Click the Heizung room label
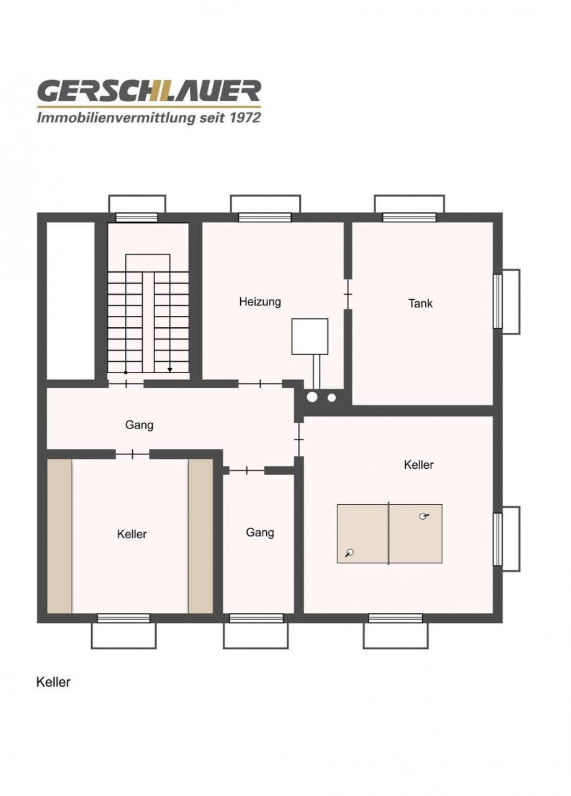click(x=260, y=302)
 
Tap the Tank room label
click(x=420, y=304)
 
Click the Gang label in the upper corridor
click(x=139, y=425)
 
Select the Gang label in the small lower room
click(x=259, y=533)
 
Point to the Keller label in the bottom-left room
click(x=132, y=534)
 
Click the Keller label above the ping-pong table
click(x=418, y=464)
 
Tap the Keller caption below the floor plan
click(x=53, y=682)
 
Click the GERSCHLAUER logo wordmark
click(x=149, y=92)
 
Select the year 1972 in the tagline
click(x=243, y=117)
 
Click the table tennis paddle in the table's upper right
click(x=424, y=516)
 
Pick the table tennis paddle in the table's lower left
click(x=351, y=552)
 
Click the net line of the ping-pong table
click(x=389, y=533)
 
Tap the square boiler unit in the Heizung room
click(x=310, y=337)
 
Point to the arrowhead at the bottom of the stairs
click(x=169, y=370)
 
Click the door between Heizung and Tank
click(x=348, y=294)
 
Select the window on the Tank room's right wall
click(x=498, y=301)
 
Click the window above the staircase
click(x=137, y=217)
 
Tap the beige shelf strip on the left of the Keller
click(x=60, y=536)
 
